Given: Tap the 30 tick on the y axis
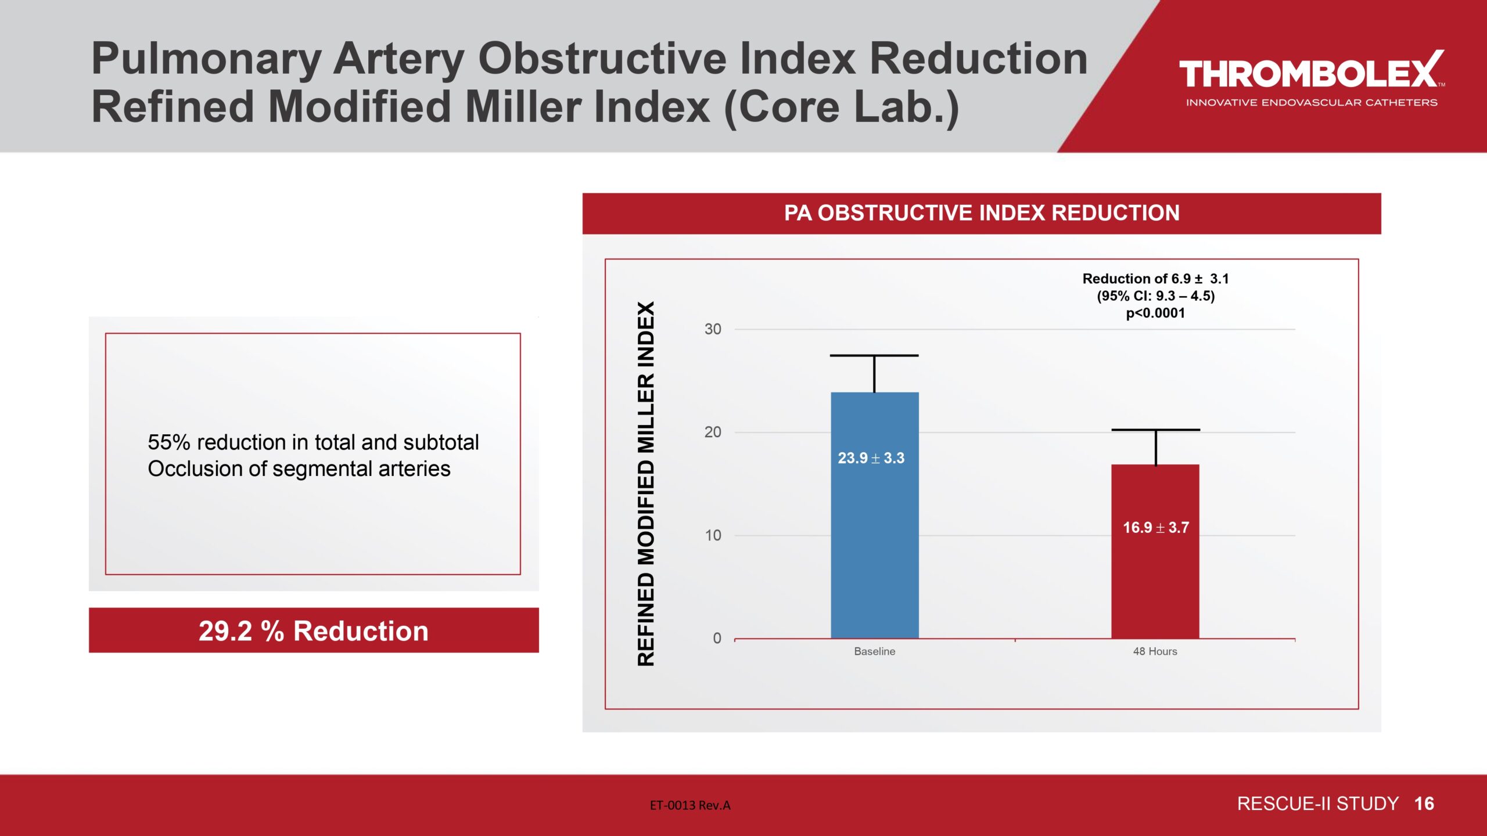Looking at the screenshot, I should [713, 329].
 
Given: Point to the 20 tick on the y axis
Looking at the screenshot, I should [713, 432].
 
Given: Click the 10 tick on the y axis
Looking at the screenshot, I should [713, 535].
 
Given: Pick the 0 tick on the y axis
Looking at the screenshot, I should [717, 638].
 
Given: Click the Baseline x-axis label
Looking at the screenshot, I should [874, 651].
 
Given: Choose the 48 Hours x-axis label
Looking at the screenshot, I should [1155, 651].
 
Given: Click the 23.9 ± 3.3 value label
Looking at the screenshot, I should [871, 458].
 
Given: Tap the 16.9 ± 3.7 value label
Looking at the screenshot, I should [1155, 528].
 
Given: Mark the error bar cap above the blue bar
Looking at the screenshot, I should [874, 355].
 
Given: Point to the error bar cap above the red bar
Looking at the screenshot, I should [1155, 430].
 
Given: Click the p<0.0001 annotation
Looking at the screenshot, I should [1155, 313].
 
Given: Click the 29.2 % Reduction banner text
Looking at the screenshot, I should [314, 631].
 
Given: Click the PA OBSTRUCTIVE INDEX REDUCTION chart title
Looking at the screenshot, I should [982, 213].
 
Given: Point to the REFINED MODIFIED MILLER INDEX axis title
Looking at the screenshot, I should [646, 483].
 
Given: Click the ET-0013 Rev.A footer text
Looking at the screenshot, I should [690, 805].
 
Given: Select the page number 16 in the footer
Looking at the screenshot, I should [1424, 804].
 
